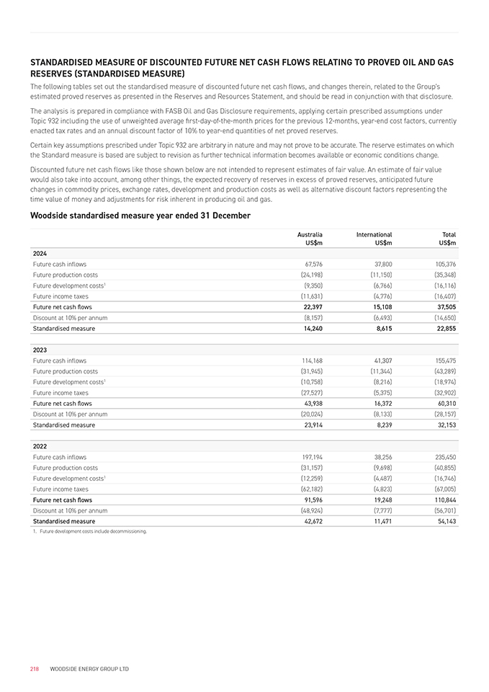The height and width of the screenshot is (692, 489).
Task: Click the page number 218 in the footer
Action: click(x=34, y=669)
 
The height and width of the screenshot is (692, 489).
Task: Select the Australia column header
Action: click(x=310, y=234)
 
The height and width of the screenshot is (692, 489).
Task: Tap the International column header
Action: click(x=374, y=234)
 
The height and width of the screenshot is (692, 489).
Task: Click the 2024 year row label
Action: click(x=40, y=253)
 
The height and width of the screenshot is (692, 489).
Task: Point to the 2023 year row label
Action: click(x=40, y=350)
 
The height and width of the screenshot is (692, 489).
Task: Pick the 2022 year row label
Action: click(x=40, y=446)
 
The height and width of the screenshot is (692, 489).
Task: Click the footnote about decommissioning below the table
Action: click(x=89, y=531)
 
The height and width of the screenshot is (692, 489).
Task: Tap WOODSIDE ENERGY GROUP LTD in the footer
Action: click(x=89, y=669)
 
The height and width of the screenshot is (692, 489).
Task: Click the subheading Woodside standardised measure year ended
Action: click(x=140, y=216)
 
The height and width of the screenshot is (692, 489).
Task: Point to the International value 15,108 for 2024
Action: click(x=380, y=306)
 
